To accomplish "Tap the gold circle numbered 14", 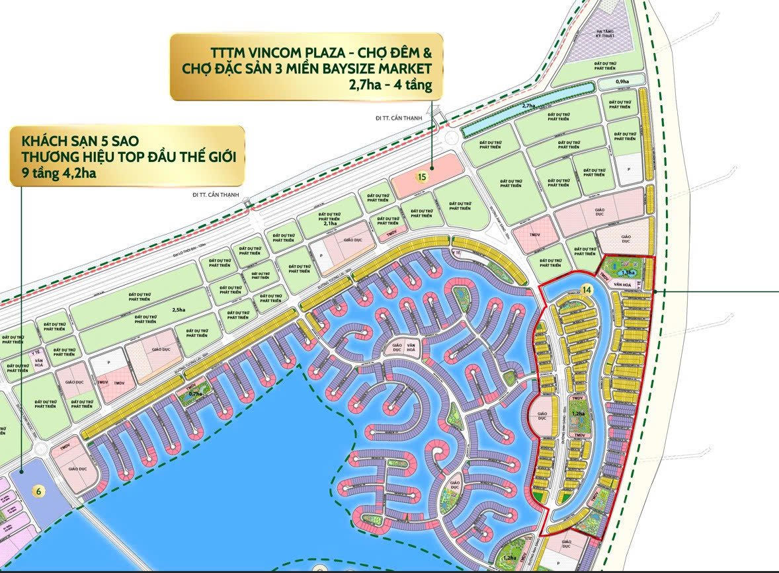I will click(x=586, y=289).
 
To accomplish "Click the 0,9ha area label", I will click(x=622, y=82).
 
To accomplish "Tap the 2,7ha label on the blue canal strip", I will click(x=528, y=105).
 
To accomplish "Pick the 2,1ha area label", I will click(x=329, y=223).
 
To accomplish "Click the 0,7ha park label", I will click(x=196, y=394).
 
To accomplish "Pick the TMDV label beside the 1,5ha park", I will click(x=603, y=276).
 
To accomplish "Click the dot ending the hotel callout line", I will click(x=21, y=472).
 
